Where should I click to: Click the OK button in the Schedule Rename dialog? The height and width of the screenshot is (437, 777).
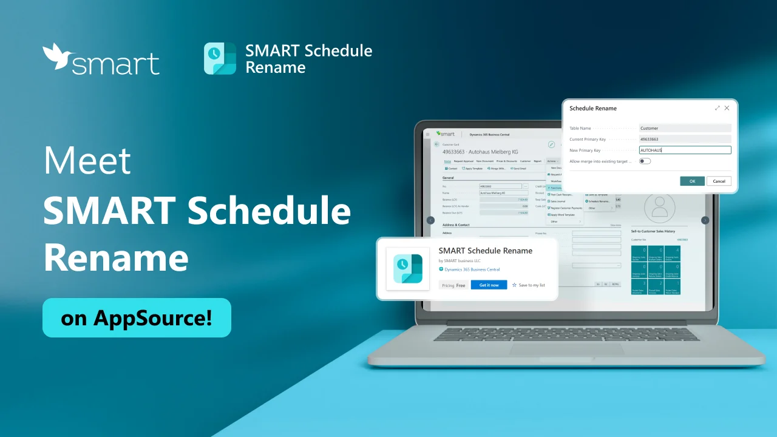692,181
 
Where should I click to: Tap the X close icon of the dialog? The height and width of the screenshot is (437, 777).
727,108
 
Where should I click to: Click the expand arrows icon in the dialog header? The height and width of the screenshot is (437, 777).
717,108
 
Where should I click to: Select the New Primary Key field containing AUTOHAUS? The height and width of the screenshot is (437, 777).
685,150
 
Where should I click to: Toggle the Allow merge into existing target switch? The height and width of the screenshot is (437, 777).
645,161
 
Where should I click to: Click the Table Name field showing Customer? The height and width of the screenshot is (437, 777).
685,128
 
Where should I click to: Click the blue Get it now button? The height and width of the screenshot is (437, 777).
489,285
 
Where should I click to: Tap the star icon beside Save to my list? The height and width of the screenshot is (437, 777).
514,285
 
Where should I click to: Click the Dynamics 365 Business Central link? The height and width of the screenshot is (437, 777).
472,269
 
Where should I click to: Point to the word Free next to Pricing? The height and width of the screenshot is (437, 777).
461,285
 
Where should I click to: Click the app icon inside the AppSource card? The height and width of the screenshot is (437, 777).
408,269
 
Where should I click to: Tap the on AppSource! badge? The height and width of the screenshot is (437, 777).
137,317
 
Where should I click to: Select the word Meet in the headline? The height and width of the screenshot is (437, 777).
87,161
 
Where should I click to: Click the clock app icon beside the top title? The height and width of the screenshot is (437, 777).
220,59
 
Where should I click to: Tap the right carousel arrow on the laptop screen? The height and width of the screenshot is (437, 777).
705,220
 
